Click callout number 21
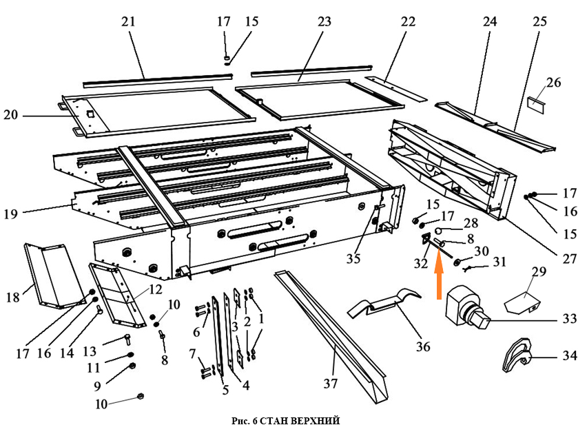click(129, 22)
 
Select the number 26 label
click(553, 83)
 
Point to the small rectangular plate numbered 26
click(536, 104)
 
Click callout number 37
click(331, 384)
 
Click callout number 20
click(10, 116)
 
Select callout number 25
click(539, 22)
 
